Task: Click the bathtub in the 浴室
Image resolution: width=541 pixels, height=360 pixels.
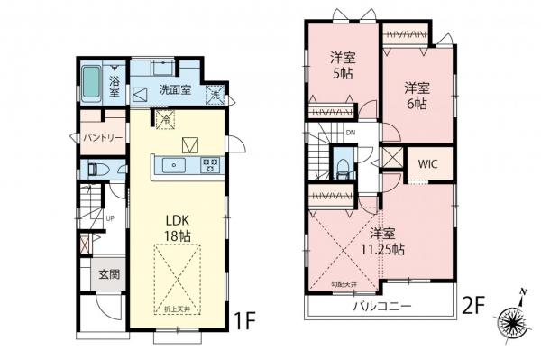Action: (x=93, y=86)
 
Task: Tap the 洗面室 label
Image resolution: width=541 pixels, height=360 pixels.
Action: (x=176, y=89)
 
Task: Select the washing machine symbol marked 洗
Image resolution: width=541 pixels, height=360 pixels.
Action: (x=216, y=95)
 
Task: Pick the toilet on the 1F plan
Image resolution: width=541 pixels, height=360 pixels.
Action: (x=96, y=169)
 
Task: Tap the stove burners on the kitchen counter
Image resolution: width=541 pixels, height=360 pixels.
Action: (x=209, y=165)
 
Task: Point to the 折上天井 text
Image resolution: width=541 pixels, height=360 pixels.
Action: (x=176, y=310)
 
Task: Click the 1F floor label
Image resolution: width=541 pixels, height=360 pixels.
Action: (x=245, y=319)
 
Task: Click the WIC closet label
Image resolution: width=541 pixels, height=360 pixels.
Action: (x=427, y=166)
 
